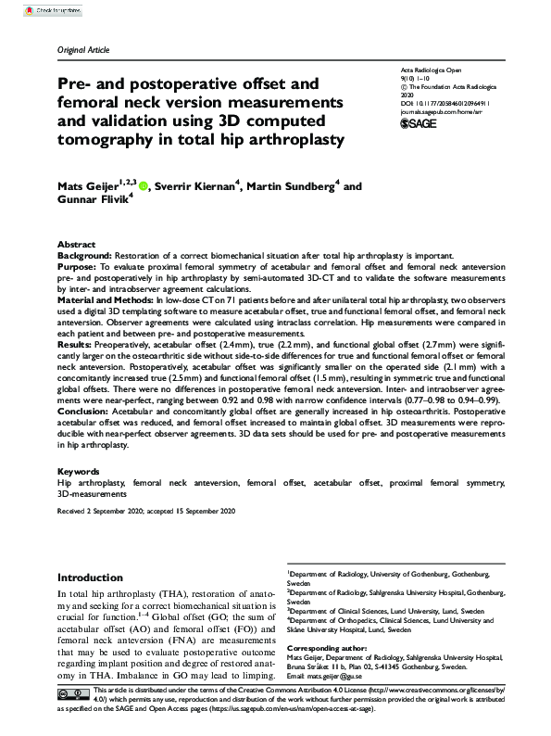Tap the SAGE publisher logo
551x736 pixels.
tap(417, 123)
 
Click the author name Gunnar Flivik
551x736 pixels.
tap(97, 203)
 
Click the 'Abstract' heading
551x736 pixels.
tap(77, 243)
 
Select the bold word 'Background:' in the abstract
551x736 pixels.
tap(84, 254)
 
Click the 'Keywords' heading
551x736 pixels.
tap(79, 471)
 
